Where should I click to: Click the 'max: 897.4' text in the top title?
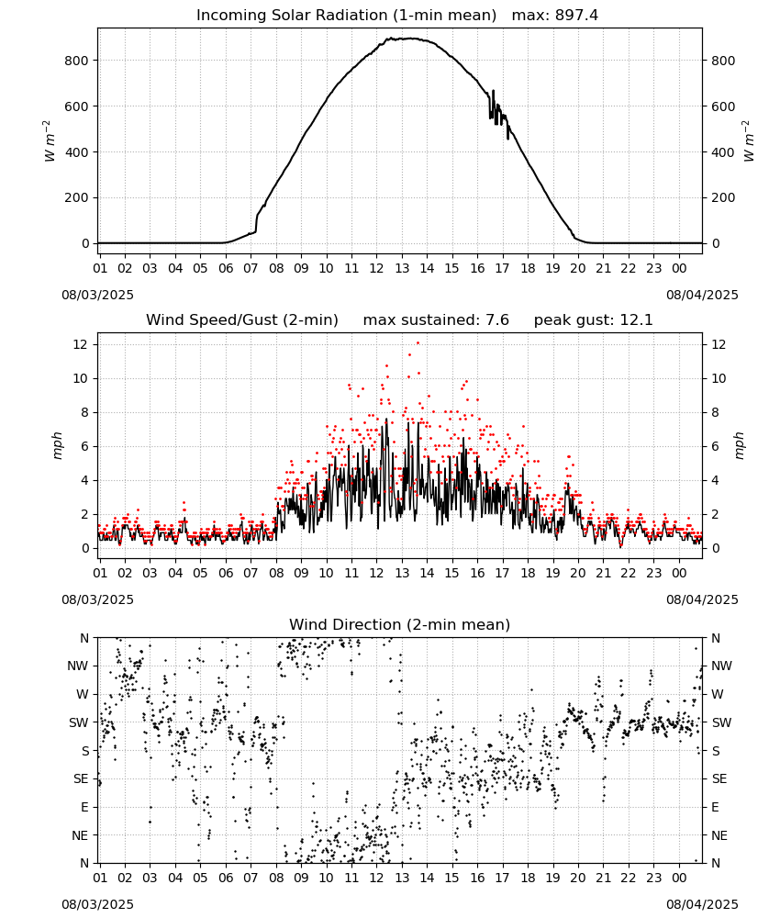[555, 16]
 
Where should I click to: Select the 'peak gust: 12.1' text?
[593, 320]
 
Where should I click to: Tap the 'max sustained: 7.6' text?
[436, 320]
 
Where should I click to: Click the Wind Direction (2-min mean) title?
[400, 624]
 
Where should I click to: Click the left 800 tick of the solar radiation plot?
[77, 61]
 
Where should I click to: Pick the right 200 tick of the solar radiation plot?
[723, 198]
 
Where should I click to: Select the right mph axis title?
[739, 445]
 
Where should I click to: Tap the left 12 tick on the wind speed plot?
[81, 345]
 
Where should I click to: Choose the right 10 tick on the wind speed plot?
[719, 379]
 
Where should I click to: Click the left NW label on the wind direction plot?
[78, 666]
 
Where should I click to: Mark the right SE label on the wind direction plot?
[719, 779]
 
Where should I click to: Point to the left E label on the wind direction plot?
[84, 807]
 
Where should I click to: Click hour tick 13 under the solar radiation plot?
[402, 269]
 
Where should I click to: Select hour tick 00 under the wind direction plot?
[679, 879]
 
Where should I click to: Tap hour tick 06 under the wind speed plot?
[226, 573]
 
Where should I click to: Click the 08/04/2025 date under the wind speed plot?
[702, 600]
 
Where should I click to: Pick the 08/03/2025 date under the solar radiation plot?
[97, 295]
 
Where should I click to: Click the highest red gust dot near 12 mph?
[418, 343]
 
